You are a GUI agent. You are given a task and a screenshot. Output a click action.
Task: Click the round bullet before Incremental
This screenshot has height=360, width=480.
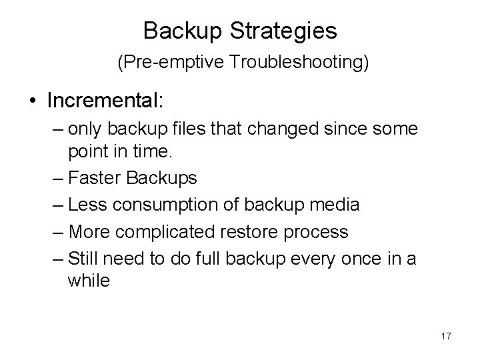[33, 101]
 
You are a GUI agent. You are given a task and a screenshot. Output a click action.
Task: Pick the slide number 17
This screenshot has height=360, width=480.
[445, 336]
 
